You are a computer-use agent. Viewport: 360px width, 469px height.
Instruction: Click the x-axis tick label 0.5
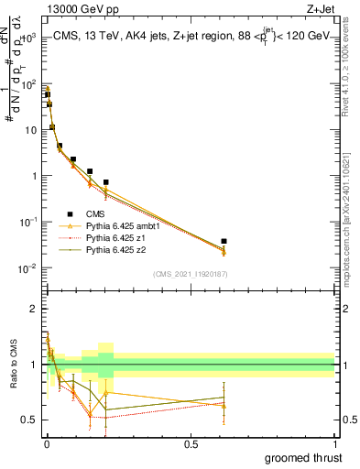[x=191, y=443]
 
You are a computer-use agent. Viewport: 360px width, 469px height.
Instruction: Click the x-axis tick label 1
[x=334, y=443]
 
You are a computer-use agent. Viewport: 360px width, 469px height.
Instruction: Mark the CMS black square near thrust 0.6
[x=224, y=241]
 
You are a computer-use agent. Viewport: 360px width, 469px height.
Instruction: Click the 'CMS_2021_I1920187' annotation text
[x=191, y=274]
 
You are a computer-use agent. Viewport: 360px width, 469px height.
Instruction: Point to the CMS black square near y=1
[x=90, y=171]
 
